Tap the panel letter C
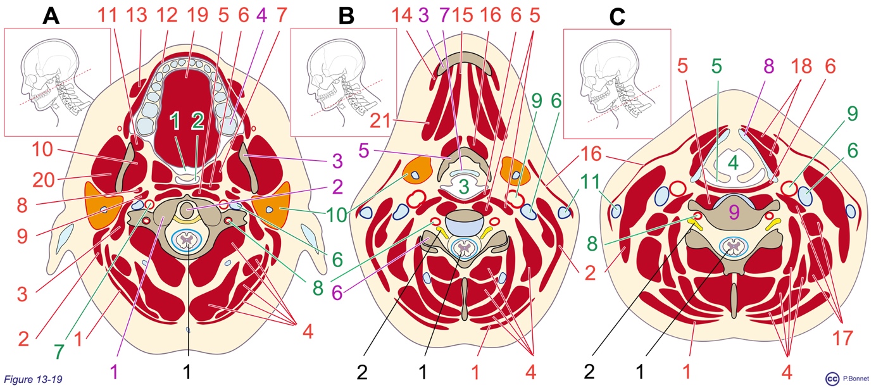616,17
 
